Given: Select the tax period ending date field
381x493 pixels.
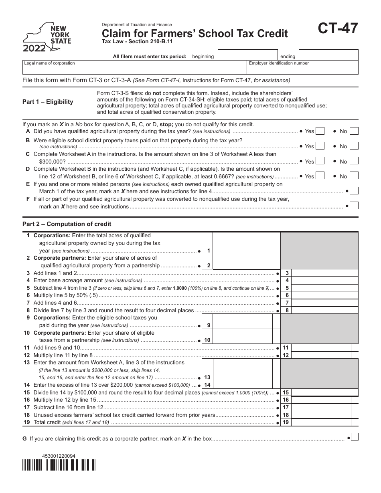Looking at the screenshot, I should (328, 55).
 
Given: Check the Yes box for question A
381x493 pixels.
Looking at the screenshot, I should (320, 131).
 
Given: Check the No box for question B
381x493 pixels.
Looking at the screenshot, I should (354, 146).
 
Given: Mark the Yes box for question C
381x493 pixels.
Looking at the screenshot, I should (320, 161).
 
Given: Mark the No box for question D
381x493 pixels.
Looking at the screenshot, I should (354, 176).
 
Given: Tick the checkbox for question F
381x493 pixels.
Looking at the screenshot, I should (354, 206).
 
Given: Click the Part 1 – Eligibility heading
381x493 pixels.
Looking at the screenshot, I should (48, 102).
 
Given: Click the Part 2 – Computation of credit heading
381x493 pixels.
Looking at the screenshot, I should (67, 224).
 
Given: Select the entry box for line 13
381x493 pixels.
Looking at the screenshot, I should (246, 374).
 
